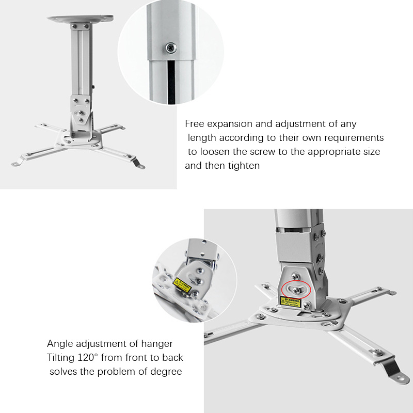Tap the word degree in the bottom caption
coord(166,372)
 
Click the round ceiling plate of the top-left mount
coord(81,20)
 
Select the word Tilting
coord(63,358)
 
